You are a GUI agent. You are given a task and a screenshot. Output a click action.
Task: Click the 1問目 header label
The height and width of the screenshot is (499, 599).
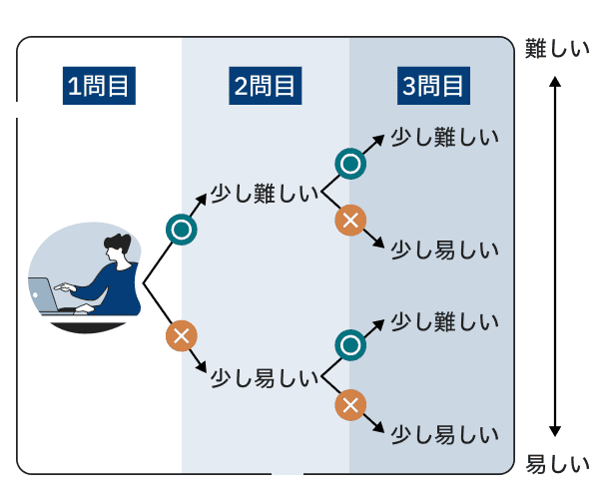pyautogui.click(x=99, y=87)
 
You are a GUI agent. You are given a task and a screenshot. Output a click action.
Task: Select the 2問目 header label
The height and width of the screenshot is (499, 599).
pyautogui.click(x=266, y=87)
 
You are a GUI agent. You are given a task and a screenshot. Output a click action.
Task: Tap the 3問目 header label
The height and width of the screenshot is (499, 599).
pyautogui.click(x=433, y=87)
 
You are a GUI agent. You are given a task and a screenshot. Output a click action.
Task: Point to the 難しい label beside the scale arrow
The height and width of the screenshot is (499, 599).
pyautogui.click(x=558, y=49)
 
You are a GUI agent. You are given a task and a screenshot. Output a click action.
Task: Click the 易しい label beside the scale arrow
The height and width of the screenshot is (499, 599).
pyautogui.click(x=558, y=465)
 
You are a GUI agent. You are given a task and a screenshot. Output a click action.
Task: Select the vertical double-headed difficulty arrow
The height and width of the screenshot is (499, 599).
pyautogui.click(x=557, y=257)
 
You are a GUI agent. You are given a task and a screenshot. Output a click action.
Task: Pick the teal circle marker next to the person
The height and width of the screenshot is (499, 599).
pyautogui.click(x=181, y=230)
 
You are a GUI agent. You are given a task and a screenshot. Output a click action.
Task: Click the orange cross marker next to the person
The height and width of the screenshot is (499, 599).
pyautogui.click(x=181, y=335)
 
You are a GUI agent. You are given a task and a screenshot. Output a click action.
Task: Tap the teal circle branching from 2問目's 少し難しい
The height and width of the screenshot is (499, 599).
pyautogui.click(x=349, y=163)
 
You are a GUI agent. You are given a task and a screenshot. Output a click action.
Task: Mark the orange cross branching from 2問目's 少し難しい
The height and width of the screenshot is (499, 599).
pyautogui.click(x=349, y=221)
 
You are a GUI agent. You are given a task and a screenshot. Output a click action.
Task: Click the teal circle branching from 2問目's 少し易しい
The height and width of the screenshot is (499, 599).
pyautogui.click(x=349, y=345)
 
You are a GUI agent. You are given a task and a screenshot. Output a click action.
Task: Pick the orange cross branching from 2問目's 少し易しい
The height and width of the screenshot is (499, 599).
pyautogui.click(x=349, y=404)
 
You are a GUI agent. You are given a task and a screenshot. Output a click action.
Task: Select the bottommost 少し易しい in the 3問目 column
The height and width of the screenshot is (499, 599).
pyautogui.click(x=443, y=435)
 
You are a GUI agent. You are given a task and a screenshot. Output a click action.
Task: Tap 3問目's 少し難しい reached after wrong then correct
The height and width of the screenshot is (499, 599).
pyautogui.click(x=443, y=321)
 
